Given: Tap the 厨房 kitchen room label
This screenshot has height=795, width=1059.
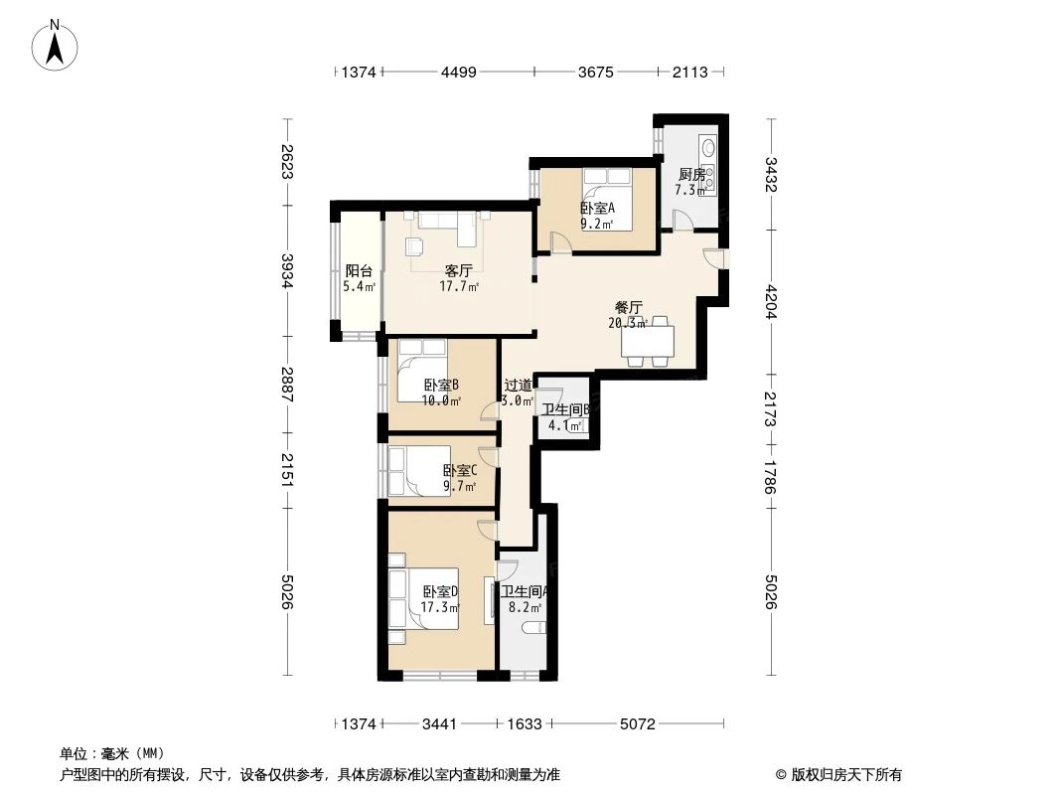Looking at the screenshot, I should point(691,174).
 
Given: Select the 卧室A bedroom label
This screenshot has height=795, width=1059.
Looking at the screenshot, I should point(597,209).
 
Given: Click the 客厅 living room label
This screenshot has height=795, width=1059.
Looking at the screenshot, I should point(458,270).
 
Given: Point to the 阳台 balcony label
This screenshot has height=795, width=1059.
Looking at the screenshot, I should point(359,271).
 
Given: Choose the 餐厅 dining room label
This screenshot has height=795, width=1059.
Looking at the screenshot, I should point(628,307).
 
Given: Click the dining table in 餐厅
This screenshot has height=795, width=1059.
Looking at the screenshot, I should point(647,341).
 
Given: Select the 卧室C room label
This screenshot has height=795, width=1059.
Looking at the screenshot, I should point(459,471).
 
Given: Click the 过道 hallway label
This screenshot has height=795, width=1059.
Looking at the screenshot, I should point(517,386).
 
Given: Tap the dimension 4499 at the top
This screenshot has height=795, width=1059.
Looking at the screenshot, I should point(459,72).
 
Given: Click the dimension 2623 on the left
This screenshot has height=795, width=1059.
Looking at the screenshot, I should point(287,162).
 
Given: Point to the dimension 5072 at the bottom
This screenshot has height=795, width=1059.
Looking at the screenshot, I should point(638,724).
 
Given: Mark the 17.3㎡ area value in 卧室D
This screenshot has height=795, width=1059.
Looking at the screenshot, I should point(439,607).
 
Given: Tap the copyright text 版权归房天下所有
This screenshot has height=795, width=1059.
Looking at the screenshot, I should point(845,774).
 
